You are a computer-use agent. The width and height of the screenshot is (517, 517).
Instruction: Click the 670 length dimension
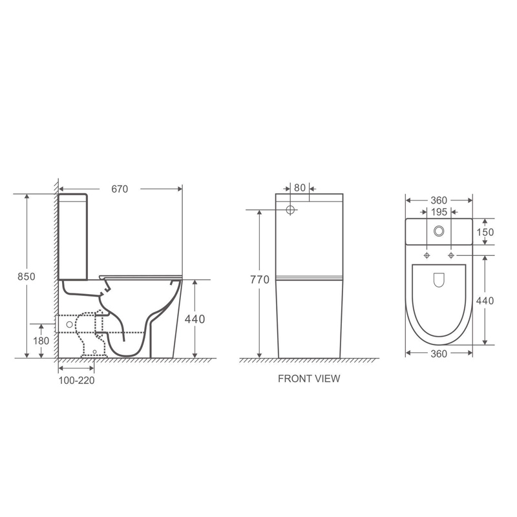coord(120,189)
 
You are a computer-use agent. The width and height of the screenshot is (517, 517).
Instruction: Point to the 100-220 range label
coord(78,380)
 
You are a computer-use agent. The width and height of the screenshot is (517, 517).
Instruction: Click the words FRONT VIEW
coord(308,379)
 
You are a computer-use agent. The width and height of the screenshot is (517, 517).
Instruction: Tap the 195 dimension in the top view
coord(439,212)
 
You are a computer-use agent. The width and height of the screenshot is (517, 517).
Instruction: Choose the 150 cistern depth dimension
coord(486,232)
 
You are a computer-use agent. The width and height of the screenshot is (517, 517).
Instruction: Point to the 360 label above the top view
coord(439,200)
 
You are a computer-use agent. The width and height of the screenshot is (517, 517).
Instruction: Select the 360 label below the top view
coord(439,353)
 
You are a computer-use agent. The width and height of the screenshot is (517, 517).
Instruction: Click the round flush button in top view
coord(439,231)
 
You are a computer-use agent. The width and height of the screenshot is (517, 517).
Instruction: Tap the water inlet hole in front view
coord(290,210)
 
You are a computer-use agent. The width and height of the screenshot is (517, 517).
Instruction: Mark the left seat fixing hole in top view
coord(427,256)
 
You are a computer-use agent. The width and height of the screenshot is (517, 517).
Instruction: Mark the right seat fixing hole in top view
coord(451,256)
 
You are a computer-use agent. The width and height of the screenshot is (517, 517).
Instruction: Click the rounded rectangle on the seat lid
coord(439,280)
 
